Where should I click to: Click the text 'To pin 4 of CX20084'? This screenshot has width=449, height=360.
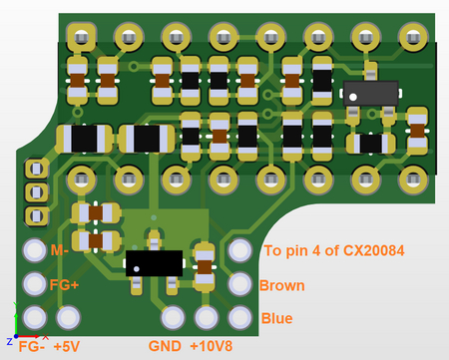(332, 251)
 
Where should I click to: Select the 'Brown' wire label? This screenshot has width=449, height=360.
(281, 286)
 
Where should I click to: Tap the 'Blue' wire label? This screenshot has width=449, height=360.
(276, 319)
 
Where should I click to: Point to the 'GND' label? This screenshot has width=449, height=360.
(165, 347)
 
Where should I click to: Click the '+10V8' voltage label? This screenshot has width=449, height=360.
(212, 347)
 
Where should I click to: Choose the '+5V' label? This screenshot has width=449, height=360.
(66, 347)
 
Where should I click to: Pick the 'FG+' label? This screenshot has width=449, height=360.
(65, 284)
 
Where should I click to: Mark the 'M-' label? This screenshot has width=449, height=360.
(60, 250)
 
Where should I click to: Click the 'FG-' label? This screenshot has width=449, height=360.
(32, 347)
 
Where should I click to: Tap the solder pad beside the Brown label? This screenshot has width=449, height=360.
(239, 284)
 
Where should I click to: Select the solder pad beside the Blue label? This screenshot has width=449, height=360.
(239, 317)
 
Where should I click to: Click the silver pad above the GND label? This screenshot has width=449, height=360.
(173, 318)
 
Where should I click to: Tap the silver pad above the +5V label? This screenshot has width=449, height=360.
(68, 318)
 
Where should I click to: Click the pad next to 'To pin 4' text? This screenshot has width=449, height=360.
(239, 250)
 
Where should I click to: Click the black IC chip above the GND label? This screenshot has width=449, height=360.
(154, 261)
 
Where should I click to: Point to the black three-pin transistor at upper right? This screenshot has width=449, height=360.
(370, 92)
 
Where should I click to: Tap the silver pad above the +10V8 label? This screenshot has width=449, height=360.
(206, 318)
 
